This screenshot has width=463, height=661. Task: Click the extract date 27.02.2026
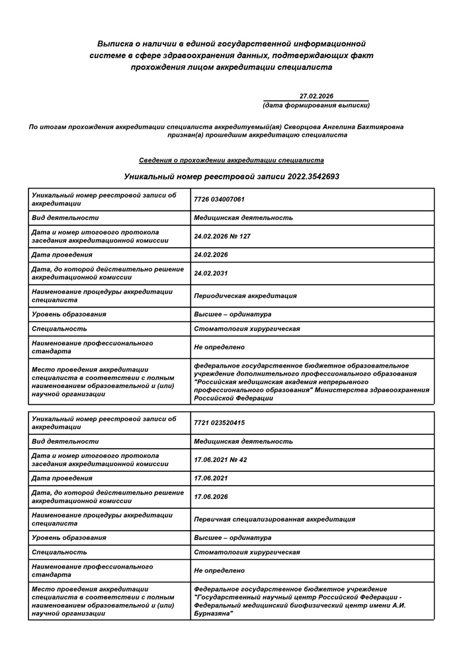(316, 96)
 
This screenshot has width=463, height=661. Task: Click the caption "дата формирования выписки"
(316, 105)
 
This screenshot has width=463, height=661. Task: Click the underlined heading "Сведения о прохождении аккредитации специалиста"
(231, 160)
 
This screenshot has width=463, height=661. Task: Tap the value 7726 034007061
(219, 199)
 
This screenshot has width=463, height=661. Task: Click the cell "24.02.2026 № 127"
(222, 236)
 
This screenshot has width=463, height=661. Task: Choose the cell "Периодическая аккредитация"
(245, 295)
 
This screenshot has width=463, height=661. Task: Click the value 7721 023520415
(219, 422)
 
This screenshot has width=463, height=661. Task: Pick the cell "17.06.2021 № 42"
(220, 459)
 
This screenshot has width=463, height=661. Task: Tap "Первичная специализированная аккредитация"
(274, 519)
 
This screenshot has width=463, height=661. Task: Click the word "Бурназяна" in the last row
(212, 614)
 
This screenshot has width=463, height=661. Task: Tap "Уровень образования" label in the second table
(69, 537)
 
